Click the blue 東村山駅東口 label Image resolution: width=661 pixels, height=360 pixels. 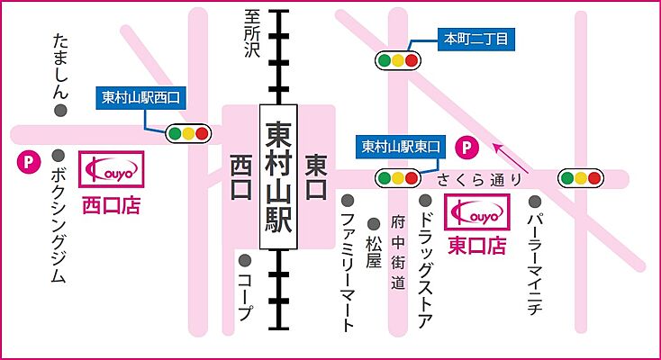[x=401, y=146]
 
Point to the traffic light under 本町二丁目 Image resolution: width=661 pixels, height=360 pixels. [x=397, y=61]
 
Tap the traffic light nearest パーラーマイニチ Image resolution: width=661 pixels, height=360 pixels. [x=581, y=178]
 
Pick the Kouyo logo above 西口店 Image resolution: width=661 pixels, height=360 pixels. [x=110, y=167]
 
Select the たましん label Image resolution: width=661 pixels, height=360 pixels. [x=60, y=67]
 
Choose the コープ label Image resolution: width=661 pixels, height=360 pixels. [x=244, y=292]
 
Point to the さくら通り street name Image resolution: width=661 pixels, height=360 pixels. [x=476, y=179]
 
